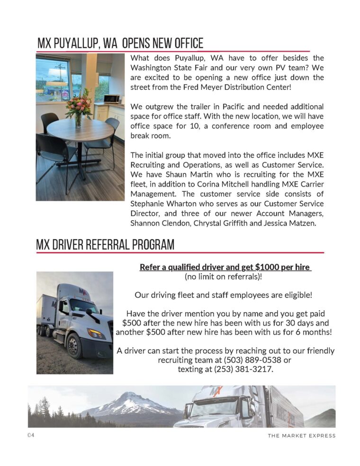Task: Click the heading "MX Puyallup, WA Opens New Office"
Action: pos(120,44)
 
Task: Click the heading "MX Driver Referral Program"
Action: pos(105,245)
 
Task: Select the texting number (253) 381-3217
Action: pos(243,369)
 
